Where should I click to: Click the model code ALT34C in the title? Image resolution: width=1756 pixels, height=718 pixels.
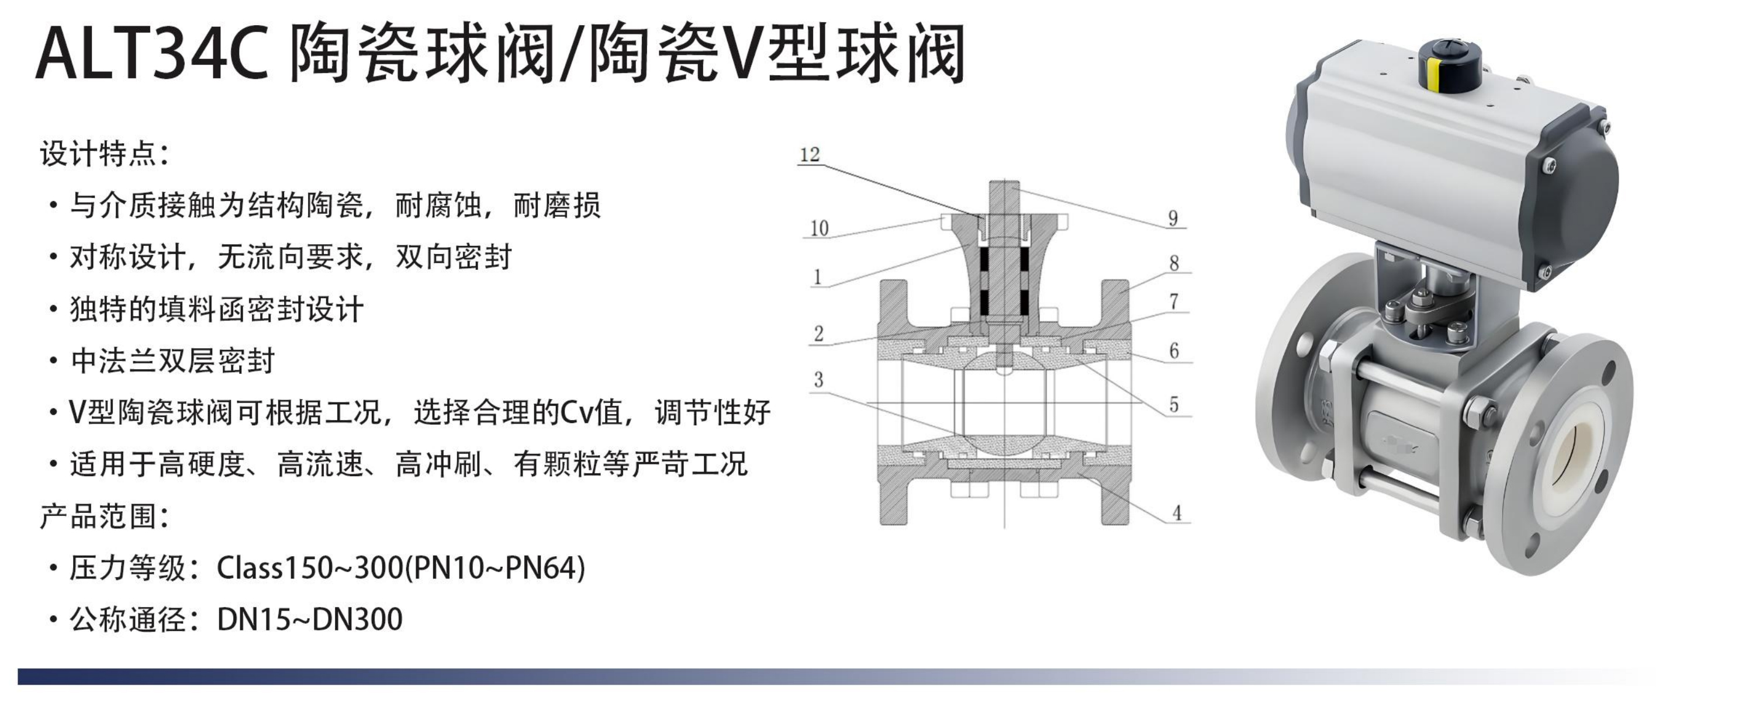click(x=151, y=53)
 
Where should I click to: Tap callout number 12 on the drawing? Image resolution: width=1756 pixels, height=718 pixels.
click(x=809, y=155)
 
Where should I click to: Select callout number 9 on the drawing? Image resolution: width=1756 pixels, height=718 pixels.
click(x=1173, y=218)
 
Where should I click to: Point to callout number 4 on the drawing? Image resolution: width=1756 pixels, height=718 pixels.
click(x=1177, y=513)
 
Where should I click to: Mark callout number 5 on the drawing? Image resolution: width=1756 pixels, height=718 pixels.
click(x=1173, y=405)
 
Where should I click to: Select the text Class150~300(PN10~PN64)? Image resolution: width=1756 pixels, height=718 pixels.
click(x=401, y=567)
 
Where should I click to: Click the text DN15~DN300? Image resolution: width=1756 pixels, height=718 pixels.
click(x=309, y=619)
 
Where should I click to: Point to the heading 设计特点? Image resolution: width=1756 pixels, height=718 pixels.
click(x=102, y=153)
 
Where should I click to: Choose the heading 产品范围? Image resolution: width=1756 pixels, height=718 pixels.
click(x=102, y=516)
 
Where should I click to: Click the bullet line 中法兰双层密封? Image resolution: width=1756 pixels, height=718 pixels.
click(x=172, y=360)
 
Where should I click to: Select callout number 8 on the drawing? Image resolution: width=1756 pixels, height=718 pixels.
click(x=1173, y=263)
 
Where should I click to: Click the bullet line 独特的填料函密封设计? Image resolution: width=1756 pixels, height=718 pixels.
click(x=217, y=308)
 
